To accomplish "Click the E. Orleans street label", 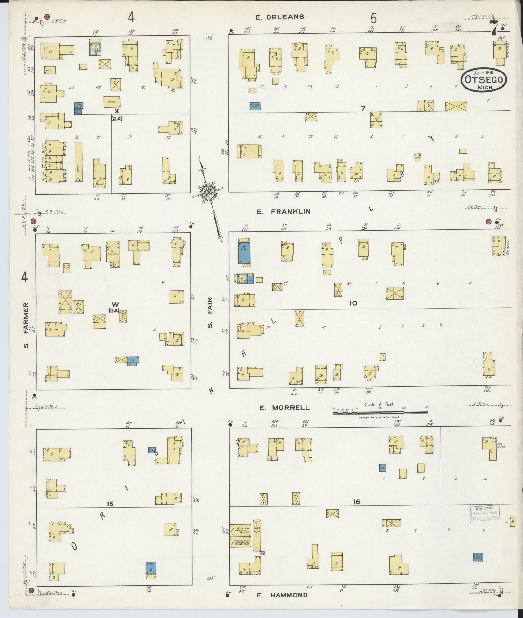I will (279, 17).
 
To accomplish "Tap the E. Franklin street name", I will (284, 211).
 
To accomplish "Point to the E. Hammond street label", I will (282, 595).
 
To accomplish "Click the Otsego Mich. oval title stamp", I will (484, 80).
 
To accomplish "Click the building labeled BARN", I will (112, 102).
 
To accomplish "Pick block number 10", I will (353, 303).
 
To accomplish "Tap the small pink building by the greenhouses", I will (262, 553).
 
